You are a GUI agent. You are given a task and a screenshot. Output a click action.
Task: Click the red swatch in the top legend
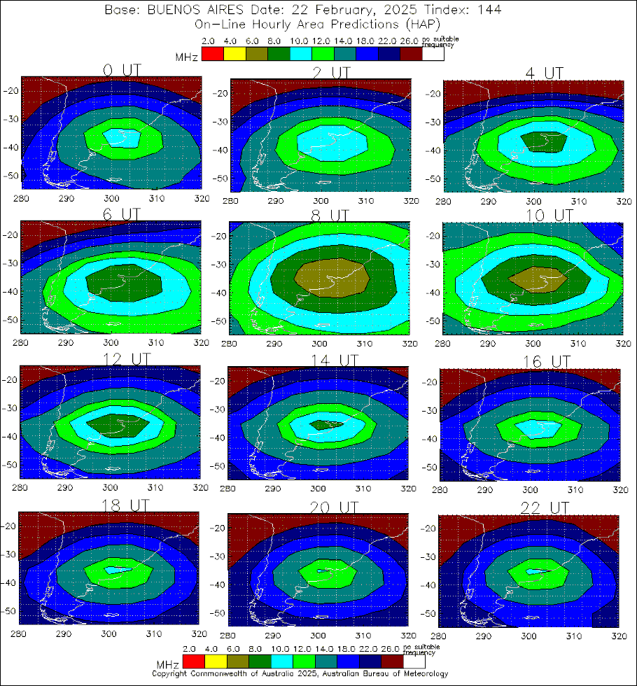click(x=212, y=55)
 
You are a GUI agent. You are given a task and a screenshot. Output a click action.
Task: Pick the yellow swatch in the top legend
click(x=234, y=55)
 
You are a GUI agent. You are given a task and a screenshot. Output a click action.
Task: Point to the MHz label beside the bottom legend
click(x=168, y=663)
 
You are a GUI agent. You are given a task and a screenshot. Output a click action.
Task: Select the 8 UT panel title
click(x=328, y=215)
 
